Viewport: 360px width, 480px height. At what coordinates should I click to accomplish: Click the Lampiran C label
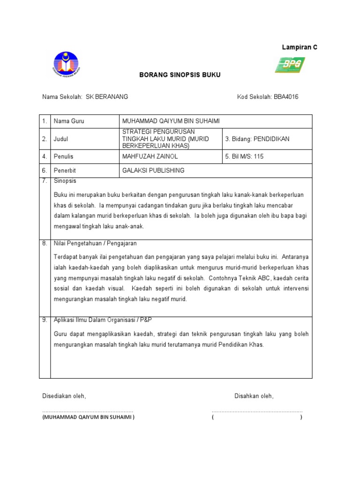[299, 47]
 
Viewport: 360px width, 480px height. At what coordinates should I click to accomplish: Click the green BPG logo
[290, 65]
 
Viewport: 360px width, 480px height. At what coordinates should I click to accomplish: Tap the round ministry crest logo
[66, 64]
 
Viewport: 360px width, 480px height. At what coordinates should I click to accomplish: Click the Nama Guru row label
[69, 121]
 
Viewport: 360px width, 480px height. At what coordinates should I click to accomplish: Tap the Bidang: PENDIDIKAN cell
[257, 139]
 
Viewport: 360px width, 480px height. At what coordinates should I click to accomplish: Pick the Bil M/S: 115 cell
[244, 157]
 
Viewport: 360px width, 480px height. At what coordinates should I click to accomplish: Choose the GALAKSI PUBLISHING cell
[153, 171]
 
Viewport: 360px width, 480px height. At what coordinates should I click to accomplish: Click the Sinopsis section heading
[65, 180]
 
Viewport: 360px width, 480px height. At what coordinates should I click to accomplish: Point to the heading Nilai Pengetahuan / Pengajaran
[95, 244]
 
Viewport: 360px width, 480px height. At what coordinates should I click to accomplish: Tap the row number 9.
[45, 320]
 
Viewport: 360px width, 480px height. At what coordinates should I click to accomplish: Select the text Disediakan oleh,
[64, 396]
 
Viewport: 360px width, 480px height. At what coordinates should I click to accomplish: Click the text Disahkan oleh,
[254, 396]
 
